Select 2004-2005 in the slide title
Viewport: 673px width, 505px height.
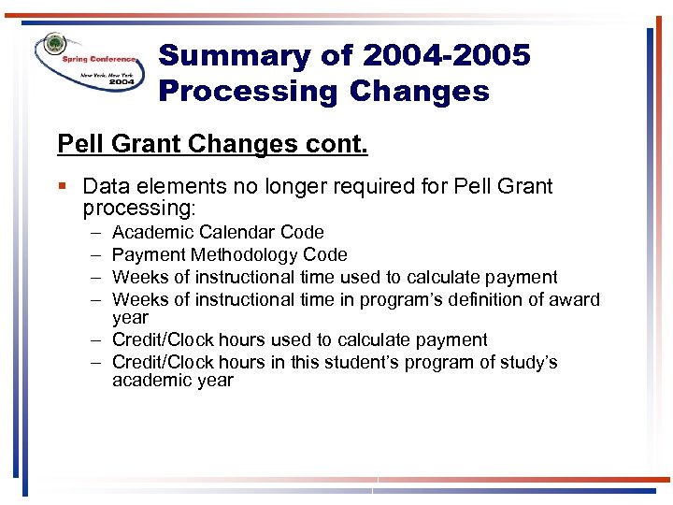coord(446,56)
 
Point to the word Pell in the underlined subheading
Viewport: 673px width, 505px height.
coord(79,145)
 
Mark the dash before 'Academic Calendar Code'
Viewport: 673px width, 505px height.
coord(95,232)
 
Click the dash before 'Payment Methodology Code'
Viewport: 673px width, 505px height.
coord(95,254)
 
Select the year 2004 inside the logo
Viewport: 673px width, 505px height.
coord(121,81)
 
